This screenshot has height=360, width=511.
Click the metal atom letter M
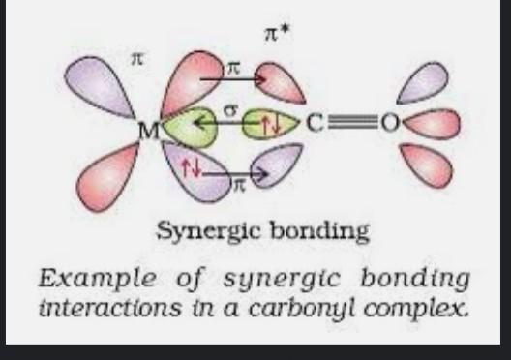tap(148, 129)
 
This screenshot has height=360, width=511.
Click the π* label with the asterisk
tap(277, 37)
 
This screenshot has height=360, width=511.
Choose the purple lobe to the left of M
tap(95, 81)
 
